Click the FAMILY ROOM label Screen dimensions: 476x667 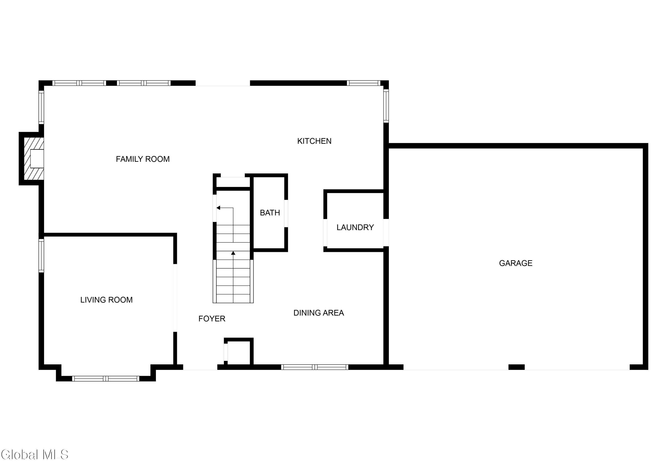coord(143,159)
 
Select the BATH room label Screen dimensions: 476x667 coord(270,213)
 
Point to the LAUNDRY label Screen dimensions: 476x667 coord(355,228)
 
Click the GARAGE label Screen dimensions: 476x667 coord(515,263)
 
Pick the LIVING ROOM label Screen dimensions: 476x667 coord(106,300)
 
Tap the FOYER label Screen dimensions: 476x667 coord(212,319)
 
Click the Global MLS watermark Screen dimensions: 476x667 coord(35,455)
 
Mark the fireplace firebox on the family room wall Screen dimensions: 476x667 coord(37,159)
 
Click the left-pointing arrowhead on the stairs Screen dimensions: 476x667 coord(218,208)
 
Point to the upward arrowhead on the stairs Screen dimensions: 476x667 coord(233,253)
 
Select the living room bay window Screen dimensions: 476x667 coord(106,379)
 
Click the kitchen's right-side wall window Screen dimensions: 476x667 coord(386,106)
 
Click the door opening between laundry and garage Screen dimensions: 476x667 coord(386,232)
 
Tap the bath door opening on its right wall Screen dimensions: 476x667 coord(286,213)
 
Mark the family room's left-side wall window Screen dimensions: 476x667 coord(41,107)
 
